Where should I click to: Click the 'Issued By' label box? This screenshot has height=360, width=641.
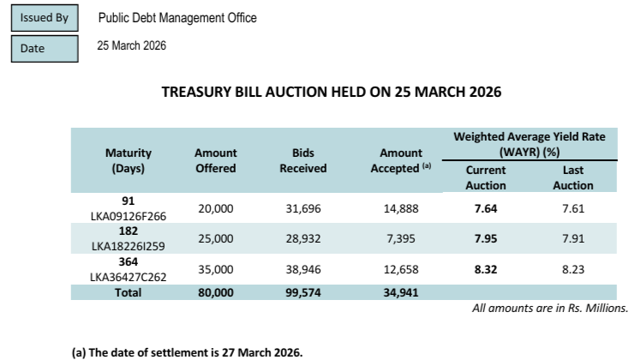[43, 18]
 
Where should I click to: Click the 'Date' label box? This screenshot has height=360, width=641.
[43, 49]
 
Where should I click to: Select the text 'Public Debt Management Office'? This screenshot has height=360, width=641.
[177, 18]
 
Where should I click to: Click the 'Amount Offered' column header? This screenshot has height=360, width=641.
[216, 160]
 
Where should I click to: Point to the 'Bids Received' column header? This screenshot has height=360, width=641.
[303, 160]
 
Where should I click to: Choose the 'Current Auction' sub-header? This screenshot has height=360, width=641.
[486, 177]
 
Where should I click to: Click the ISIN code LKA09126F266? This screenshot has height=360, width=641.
[128, 215]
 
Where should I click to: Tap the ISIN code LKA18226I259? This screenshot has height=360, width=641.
[128, 244]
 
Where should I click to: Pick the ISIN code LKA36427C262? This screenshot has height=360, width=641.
[128, 274]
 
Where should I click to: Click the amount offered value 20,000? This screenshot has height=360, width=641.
[216, 208]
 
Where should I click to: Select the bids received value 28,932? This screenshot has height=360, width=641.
[303, 237]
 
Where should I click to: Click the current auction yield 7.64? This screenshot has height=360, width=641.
[486, 208]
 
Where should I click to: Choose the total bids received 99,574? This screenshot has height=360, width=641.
[303, 291]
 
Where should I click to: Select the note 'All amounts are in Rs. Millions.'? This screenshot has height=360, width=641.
[550, 307]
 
